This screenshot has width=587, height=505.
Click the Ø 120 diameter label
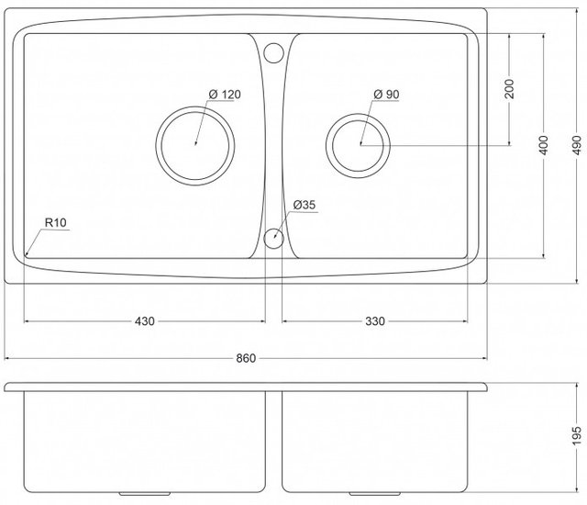(x=224, y=95)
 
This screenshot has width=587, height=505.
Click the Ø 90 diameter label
(x=385, y=95)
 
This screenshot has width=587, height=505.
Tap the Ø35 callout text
(x=305, y=205)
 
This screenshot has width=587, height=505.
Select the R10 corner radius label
(x=58, y=222)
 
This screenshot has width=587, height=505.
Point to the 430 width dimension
(x=144, y=321)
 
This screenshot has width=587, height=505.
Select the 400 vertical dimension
(x=543, y=144)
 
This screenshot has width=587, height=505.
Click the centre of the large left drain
(x=196, y=144)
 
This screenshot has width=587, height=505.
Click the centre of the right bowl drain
(x=361, y=144)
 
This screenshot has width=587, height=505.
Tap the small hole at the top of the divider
(x=273, y=51)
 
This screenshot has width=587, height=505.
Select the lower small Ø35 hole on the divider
(x=273, y=240)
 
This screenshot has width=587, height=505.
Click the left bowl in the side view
(x=144, y=441)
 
